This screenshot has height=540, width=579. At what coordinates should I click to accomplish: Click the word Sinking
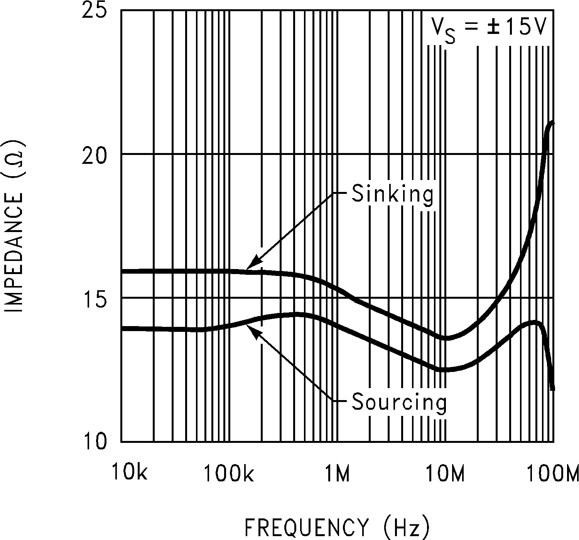pos(393,194)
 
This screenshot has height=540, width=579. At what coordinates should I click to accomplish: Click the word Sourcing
pos(399,402)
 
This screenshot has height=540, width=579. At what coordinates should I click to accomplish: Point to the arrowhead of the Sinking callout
pos(248,267)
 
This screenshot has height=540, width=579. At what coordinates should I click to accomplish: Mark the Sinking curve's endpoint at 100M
pos(553,122)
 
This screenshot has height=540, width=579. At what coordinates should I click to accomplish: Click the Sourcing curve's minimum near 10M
pos(446,369)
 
